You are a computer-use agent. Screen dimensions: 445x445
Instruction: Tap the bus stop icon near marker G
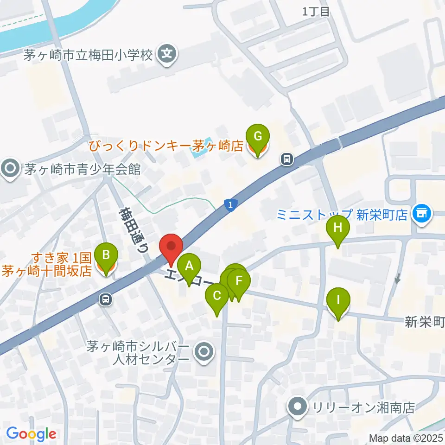click(287, 159)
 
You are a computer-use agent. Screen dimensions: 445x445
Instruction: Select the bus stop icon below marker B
click(106, 299)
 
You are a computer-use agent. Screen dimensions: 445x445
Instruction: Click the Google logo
click(31, 434)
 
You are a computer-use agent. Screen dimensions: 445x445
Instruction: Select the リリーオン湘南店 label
click(363, 407)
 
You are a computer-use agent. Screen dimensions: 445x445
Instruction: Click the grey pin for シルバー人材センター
click(203, 352)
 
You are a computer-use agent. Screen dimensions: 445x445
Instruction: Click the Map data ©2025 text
click(406, 438)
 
